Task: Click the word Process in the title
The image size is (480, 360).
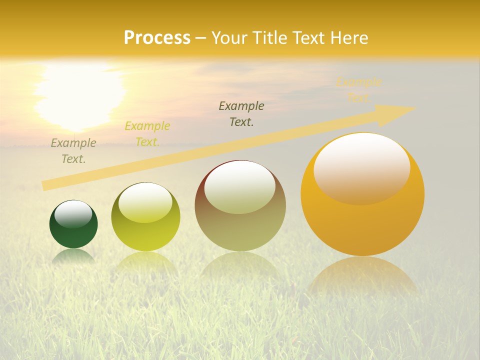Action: [x=157, y=38]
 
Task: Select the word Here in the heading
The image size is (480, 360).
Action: [x=350, y=38]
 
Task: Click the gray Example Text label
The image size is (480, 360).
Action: [x=73, y=151]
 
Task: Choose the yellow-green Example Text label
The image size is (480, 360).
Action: [x=147, y=134]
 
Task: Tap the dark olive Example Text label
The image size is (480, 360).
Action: [x=241, y=113]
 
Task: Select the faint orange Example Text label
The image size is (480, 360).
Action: [x=358, y=90]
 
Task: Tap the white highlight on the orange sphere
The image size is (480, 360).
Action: [x=361, y=167]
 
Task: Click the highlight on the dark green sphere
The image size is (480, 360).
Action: [x=73, y=214]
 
